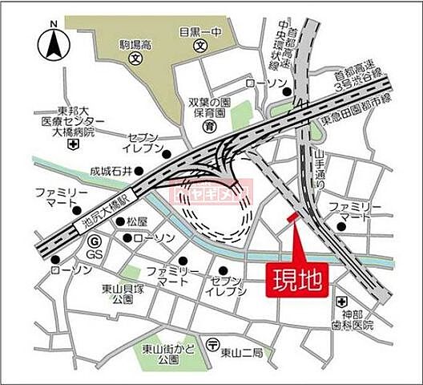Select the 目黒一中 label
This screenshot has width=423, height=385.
click(199, 33)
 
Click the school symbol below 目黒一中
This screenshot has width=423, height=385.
click(199, 47)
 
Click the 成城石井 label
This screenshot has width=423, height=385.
click(110, 171)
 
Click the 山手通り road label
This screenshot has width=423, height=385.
click(320, 169)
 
